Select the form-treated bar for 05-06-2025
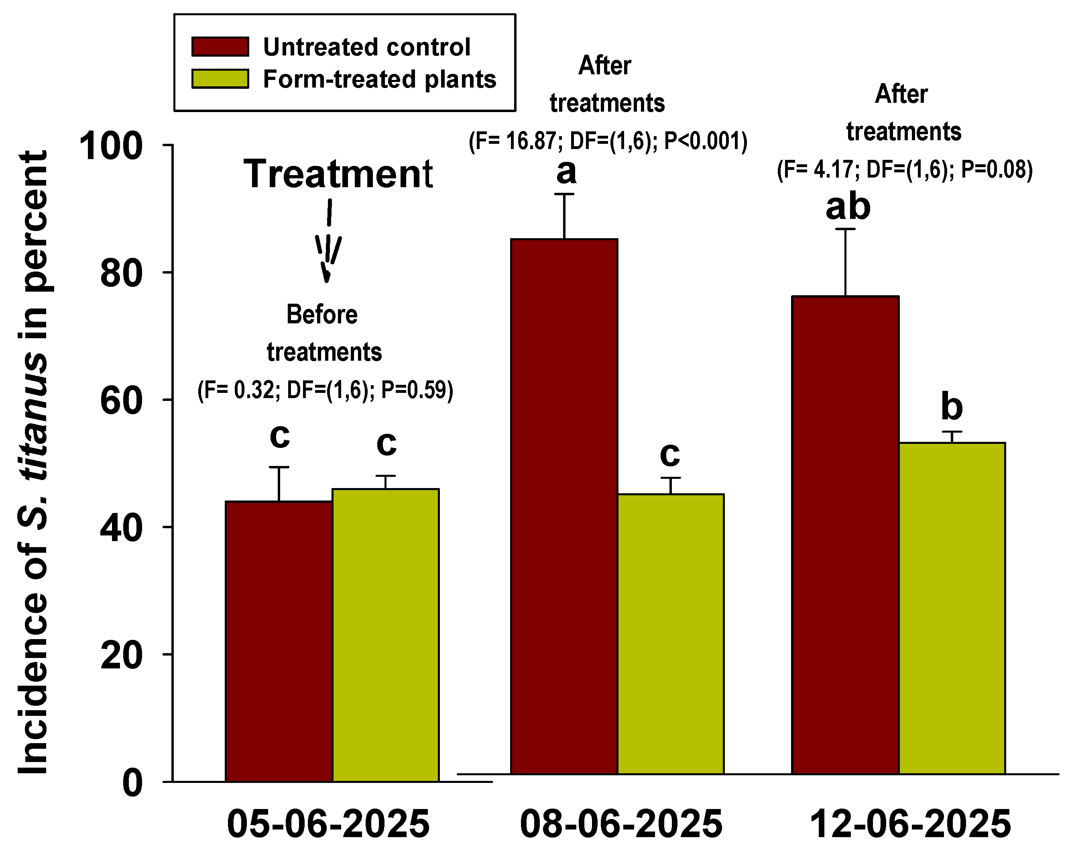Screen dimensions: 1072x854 coord(386,635)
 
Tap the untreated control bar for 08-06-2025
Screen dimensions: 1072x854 coord(564,506)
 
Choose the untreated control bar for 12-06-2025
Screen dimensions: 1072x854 coord(845,535)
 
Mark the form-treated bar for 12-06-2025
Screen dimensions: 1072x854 coord(952,608)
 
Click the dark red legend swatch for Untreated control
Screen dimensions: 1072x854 coord(220,46)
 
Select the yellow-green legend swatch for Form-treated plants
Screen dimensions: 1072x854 coord(220,79)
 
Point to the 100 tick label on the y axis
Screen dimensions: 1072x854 coord(111,146)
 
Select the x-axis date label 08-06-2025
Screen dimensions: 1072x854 coord(621,823)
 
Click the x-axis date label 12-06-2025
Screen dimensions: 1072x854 coord(910,823)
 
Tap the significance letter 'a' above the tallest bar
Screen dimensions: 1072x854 coord(566,172)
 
